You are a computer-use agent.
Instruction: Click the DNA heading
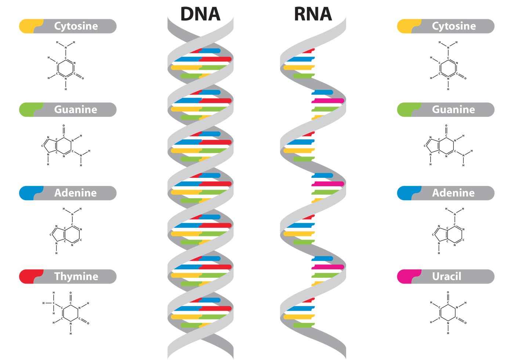(200, 14)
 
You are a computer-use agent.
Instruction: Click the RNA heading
(313, 14)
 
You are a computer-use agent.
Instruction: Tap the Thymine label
(76, 276)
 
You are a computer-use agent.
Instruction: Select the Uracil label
(446, 276)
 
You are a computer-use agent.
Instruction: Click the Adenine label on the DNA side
(76, 193)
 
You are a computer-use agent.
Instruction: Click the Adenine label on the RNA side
(453, 193)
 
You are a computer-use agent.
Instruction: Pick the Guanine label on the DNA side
(76, 109)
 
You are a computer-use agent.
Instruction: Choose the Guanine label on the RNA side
(454, 109)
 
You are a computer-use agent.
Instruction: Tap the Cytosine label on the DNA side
(76, 26)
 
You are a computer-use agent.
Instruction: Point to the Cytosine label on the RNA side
(454, 26)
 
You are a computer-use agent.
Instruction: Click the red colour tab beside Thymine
(30, 276)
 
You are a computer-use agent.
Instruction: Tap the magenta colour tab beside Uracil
(408, 276)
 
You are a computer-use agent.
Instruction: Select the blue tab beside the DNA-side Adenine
(30, 193)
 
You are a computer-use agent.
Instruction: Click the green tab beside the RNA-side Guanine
(408, 110)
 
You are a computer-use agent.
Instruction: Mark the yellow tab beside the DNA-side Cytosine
(30, 26)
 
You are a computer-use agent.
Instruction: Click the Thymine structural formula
(66, 313)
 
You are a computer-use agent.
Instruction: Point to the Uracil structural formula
(448, 313)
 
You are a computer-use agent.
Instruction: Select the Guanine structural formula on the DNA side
(66, 145)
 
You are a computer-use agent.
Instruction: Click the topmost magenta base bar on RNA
(327, 101)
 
